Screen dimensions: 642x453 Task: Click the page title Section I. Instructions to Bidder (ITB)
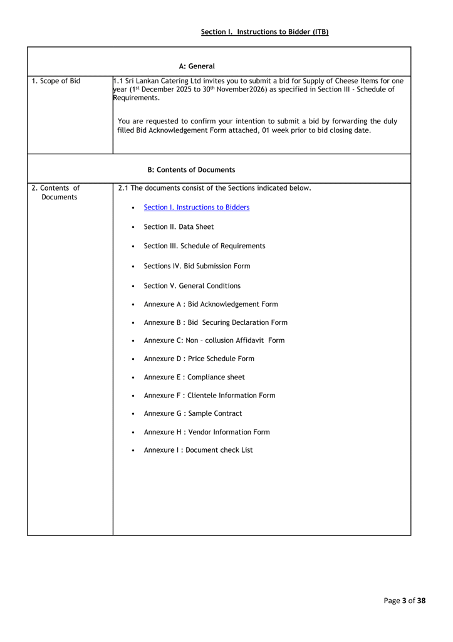(x=264, y=32)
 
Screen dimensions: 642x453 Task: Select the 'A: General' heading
(x=197, y=66)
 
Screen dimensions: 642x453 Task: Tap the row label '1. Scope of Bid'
(x=56, y=81)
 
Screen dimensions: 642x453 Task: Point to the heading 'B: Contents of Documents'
(x=191, y=170)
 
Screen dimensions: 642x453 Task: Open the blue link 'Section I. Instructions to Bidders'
(x=196, y=208)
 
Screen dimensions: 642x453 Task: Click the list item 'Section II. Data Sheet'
(x=179, y=227)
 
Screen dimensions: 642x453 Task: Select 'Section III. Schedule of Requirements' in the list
(x=204, y=246)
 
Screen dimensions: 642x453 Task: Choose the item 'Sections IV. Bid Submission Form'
(x=197, y=266)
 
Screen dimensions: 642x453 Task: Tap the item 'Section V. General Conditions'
(x=192, y=286)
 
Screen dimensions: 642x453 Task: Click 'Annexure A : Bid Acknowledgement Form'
(x=211, y=304)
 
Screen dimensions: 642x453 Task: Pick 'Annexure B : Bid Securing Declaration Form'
(x=216, y=322)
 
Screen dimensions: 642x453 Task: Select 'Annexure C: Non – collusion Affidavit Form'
(x=214, y=340)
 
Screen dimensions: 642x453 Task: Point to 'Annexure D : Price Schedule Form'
(x=199, y=359)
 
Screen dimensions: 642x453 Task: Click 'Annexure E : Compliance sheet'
(x=194, y=377)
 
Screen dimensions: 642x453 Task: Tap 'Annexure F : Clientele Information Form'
(x=209, y=396)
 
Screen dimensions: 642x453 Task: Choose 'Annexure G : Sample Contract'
(x=192, y=414)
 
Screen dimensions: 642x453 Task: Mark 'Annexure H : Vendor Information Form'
(x=207, y=432)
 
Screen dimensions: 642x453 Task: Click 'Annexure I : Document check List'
(x=198, y=450)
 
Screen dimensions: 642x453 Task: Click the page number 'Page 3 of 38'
(x=404, y=601)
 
